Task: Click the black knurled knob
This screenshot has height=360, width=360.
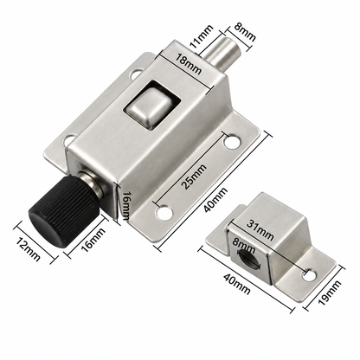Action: pos(62,212)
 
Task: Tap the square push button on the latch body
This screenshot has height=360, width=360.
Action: pos(150,106)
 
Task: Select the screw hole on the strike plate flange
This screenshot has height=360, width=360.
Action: pos(309,275)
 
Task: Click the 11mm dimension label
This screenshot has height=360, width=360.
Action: pos(202,36)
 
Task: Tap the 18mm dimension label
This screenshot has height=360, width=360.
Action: pos(189,64)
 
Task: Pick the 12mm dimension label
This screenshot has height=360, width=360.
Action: pos(28,249)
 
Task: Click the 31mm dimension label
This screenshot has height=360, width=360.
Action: pos(260,231)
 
